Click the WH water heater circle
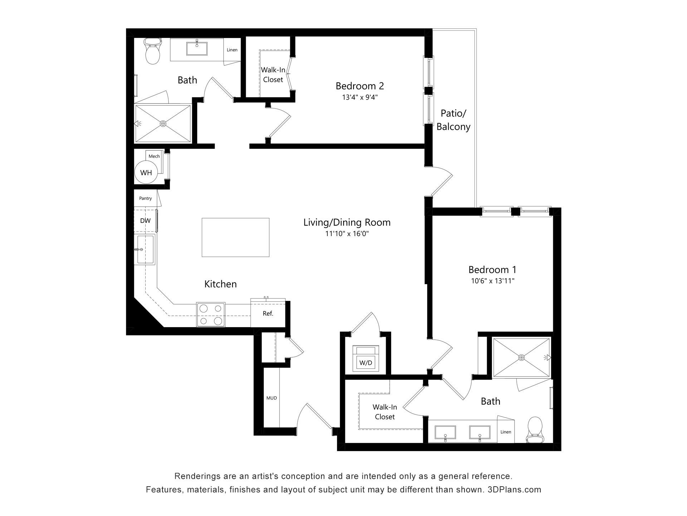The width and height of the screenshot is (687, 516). (x=146, y=173)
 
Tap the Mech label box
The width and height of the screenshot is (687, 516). (x=154, y=156)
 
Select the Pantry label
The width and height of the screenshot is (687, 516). (x=145, y=198)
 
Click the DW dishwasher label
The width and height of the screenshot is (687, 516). (x=145, y=221)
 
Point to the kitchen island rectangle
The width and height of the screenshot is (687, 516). (x=235, y=237)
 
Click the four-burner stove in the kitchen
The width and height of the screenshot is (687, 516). (x=211, y=315)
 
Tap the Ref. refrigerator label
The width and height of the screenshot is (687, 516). (x=268, y=314)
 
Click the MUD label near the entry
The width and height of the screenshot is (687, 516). (x=272, y=398)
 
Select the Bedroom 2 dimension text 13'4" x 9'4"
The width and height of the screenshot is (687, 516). (x=360, y=97)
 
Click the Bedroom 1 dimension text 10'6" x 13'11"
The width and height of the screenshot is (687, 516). (x=493, y=281)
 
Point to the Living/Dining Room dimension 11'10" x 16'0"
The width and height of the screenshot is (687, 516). (x=347, y=234)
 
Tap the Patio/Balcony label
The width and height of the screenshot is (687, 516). (x=453, y=120)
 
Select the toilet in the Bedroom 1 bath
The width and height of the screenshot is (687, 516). (x=535, y=430)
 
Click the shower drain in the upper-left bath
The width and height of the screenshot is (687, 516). (x=163, y=124)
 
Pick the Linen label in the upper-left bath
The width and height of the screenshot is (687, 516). (x=232, y=50)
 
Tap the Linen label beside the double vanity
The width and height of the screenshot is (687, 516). (x=506, y=432)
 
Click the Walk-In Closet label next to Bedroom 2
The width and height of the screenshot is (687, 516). (x=273, y=75)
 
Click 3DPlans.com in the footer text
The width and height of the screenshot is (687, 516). (x=515, y=489)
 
